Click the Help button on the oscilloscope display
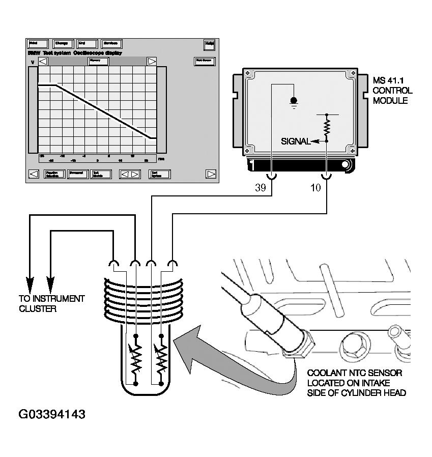(209, 44)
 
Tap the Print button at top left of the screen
(37, 44)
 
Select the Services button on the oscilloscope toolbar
(111, 44)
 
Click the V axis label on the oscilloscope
(33, 62)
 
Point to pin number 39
(260, 188)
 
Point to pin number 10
(315, 188)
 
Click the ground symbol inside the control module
(293, 101)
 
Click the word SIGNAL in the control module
(295, 141)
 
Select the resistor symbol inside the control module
(327, 126)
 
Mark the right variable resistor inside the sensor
(161, 359)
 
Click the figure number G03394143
(52, 414)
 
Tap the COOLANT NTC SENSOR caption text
(356, 383)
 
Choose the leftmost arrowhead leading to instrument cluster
(30, 285)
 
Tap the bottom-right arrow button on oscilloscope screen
(211, 174)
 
